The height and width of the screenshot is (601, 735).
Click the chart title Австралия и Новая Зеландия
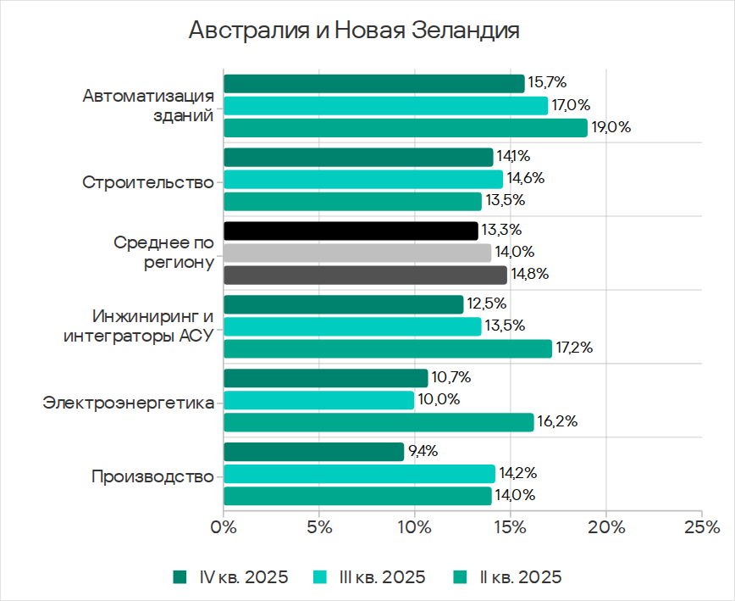(x=353, y=31)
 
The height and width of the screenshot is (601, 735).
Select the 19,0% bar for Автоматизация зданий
(x=405, y=128)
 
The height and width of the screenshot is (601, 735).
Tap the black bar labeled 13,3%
(x=351, y=231)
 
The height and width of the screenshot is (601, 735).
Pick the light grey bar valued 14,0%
(x=356, y=253)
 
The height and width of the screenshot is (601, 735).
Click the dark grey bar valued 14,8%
(x=365, y=275)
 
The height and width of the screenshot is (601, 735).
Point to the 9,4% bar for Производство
(x=313, y=452)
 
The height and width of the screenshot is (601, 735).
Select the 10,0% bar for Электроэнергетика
(x=318, y=400)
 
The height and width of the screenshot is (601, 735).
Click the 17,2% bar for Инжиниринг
(x=387, y=348)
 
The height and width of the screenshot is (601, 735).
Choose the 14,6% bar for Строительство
(x=362, y=179)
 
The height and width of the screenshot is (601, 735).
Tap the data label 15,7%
(x=546, y=83)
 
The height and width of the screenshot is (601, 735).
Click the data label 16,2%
(x=556, y=422)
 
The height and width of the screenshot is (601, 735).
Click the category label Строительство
(x=148, y=182)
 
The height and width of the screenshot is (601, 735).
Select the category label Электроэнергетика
(x=128, y=402)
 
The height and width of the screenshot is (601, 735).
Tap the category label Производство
(x=152, y=476)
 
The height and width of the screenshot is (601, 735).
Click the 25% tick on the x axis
(x=702, y=528)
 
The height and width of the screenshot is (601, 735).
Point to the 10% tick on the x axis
(x=415, y=528)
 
